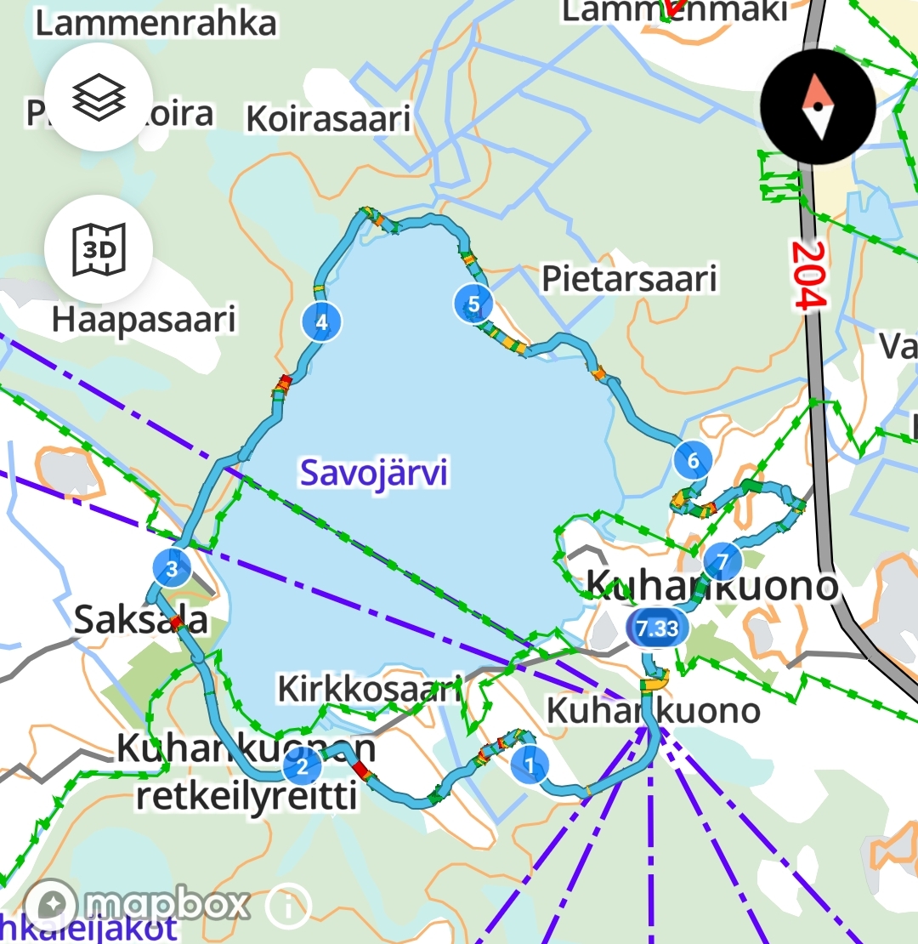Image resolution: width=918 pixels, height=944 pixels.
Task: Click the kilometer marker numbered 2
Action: (302, 767)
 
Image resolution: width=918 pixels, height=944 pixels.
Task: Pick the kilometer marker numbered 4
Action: (321, 322)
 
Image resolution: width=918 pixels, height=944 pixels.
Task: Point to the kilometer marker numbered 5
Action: (473, 303)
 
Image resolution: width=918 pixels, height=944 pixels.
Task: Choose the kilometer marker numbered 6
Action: (693, 461)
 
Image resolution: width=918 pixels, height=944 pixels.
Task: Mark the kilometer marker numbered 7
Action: (722, 561)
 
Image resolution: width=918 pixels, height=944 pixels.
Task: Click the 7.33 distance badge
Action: (656, 628)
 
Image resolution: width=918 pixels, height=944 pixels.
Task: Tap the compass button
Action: (818, 107)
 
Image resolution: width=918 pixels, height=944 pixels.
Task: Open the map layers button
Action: (99, 98)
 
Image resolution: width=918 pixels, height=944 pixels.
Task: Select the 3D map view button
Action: (99, 249)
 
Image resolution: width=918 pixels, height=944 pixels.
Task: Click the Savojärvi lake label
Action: (374, 473)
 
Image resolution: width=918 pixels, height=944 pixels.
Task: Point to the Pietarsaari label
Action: (629, 278)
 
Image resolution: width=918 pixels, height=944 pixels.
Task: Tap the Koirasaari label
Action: (328, 118)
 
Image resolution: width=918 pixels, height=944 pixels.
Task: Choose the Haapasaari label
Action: (144, 320)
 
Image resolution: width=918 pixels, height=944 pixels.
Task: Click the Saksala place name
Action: (141, 619)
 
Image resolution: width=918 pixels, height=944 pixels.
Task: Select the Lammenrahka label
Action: (156, 23)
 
